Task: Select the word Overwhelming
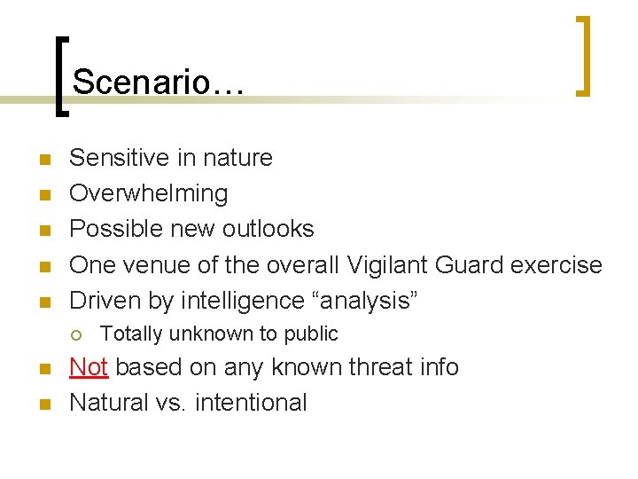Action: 148,193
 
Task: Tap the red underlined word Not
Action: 88,366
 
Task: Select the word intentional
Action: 251,403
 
